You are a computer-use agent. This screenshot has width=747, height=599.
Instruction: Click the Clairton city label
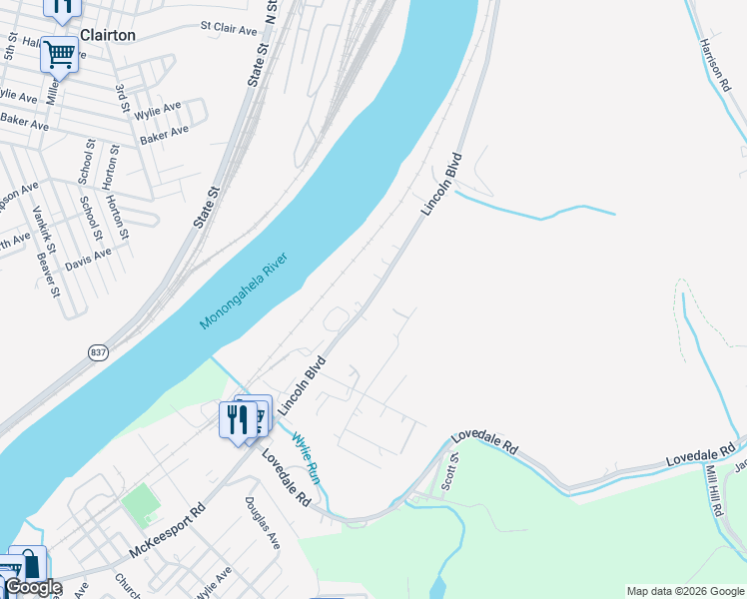[x=107, y=34]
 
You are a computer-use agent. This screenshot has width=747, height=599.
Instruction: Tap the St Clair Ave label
[x=230, y=28]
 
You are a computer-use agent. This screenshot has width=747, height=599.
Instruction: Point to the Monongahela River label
[x=244, y=292]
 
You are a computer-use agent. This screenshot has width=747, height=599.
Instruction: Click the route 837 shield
[x=98, y=353]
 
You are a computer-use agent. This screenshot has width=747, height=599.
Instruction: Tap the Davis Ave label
[x=88, y=260]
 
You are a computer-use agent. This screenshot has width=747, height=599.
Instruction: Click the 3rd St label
[x=122, y=100]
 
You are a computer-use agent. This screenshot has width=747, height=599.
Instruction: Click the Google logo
[x=33, y=587]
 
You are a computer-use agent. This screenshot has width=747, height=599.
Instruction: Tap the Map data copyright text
[x=685, y=591]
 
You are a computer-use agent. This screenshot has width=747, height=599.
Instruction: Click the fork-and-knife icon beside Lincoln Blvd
[x=238, y=419]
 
